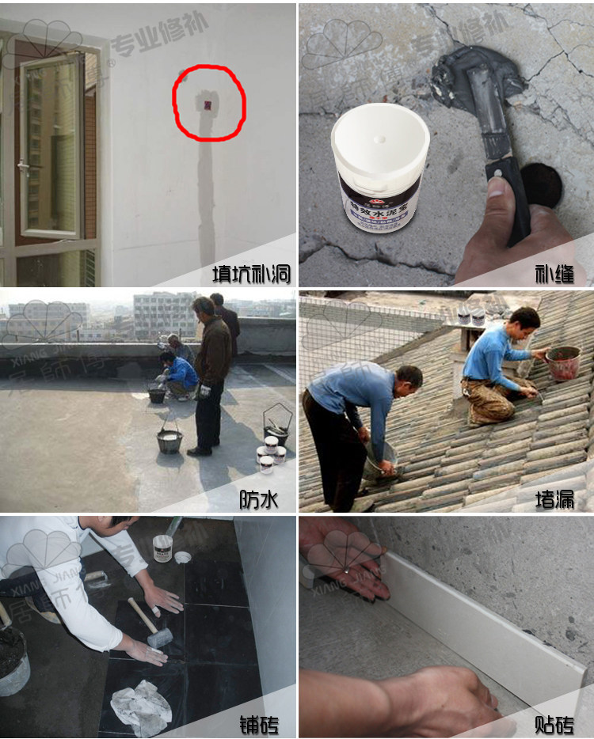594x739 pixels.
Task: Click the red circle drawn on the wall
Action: [x=209, y=102]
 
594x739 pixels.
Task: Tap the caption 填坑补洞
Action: [x=251, y=274]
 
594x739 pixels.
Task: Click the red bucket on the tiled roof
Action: [x=563, y=362]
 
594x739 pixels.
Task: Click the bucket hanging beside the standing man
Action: [x=169, y=439]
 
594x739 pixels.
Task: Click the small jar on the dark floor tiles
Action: [x=163, y=548]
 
